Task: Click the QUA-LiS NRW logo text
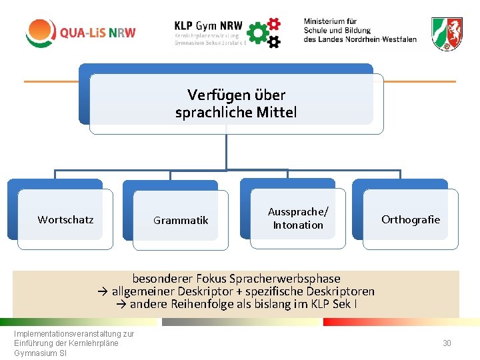pos(97,33)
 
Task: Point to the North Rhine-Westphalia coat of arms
pos(446,34)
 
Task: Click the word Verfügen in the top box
pos(213,95)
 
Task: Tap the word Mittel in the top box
pos(275,113)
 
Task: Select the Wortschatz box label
pos(65,219)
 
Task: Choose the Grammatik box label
pos(181,220)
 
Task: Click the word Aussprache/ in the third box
pos(298,211)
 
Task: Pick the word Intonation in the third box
pos(298,225)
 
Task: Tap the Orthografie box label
pos(411,219)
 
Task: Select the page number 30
pos(447,343)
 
